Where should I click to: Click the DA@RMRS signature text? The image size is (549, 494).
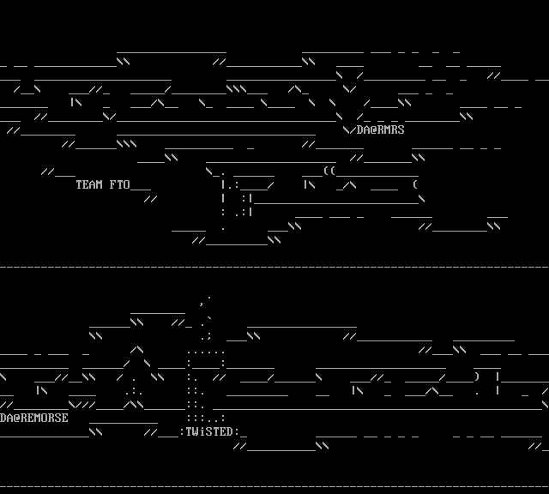pyautogui.click(x=381, y=130)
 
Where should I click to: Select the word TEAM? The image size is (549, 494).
pyautogui.click(x=89, y=185)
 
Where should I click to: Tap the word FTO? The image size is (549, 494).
pyautogui.click(x=120, y=185)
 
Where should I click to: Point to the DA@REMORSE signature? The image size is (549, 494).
pyautogui.click(x=34, y=419)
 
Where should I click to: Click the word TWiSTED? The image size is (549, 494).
pyautogui.click(x=209, y=432)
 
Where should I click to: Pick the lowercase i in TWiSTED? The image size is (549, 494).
pyautogui.click(x=202, y=432)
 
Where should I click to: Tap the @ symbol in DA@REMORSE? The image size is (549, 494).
pyautogui.click(x=17, y=419)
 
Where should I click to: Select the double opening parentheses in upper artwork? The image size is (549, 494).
pyautogui.click(x=329, y=172)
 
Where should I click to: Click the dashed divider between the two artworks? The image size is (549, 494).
pyautogui.click(x=274, y=268)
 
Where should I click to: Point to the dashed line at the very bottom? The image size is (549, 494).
pyautogui.click(x=274, y=487)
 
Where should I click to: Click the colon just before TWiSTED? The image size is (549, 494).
pyautogui.click(x=182, y=432)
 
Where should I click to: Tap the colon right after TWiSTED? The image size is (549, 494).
pyautogui.click(x=237, y=432)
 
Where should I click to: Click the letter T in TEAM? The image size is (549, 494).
pyautogui.click(x=79, y=185)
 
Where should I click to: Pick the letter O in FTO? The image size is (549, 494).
pyautogui.click(x=127, y=185)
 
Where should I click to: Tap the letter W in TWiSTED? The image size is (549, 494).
pyautogui.click(x=196, y=432)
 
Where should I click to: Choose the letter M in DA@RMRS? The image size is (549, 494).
pyautogui.click(x=388, y=130)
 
